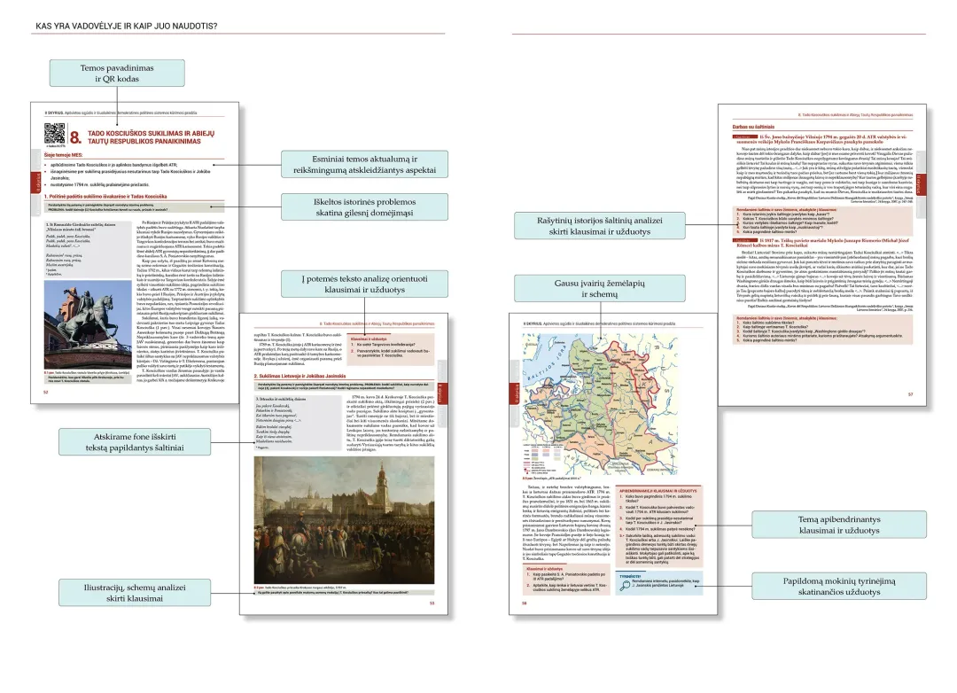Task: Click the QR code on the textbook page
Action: point(55,133)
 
